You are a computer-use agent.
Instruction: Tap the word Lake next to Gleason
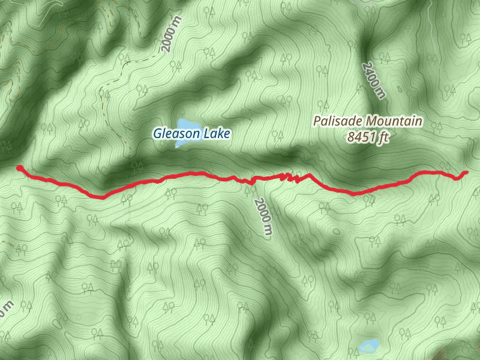click(215, 134)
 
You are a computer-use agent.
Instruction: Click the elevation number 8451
click(361, 137)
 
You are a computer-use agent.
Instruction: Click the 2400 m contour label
click(373, 79)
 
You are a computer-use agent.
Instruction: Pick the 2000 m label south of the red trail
click(263, 217)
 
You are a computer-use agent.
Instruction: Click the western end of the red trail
click(19, 168)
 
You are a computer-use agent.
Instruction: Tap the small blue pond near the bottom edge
click(367, 346)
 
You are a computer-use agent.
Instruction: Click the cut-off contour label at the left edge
click(5, 312)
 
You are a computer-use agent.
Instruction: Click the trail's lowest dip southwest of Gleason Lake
click(102, 196)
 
